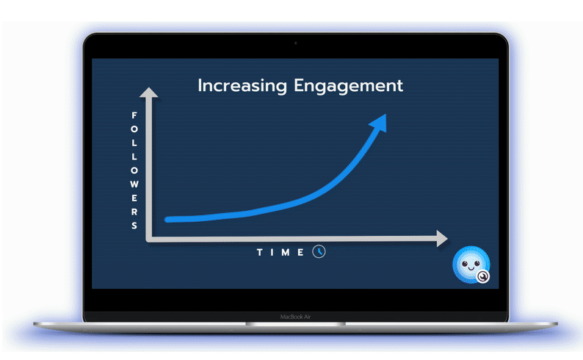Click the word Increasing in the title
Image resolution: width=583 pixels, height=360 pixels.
242,86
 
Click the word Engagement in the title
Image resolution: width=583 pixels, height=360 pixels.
348,86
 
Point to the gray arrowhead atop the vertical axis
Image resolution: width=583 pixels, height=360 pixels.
149,93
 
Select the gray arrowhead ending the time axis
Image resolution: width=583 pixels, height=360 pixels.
442,238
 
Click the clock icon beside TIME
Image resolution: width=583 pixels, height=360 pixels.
319,252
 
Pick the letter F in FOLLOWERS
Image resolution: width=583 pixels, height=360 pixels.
134,115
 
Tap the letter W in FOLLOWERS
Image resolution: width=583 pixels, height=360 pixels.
134,184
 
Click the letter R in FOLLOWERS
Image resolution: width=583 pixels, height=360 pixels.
134,212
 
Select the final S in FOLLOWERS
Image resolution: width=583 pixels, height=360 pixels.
134,226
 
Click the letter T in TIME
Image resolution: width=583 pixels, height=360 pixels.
260,253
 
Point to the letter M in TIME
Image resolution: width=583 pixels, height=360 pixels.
286,253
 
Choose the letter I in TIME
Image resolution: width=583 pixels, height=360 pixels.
272,253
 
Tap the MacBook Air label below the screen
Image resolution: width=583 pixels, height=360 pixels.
295,317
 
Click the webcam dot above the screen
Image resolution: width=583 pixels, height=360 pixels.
296,43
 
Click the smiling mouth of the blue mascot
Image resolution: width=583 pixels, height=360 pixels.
471,268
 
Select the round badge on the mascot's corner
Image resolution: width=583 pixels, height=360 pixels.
482,276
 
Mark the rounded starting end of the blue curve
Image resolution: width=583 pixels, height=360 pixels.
167,220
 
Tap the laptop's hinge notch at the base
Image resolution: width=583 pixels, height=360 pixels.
296,324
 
